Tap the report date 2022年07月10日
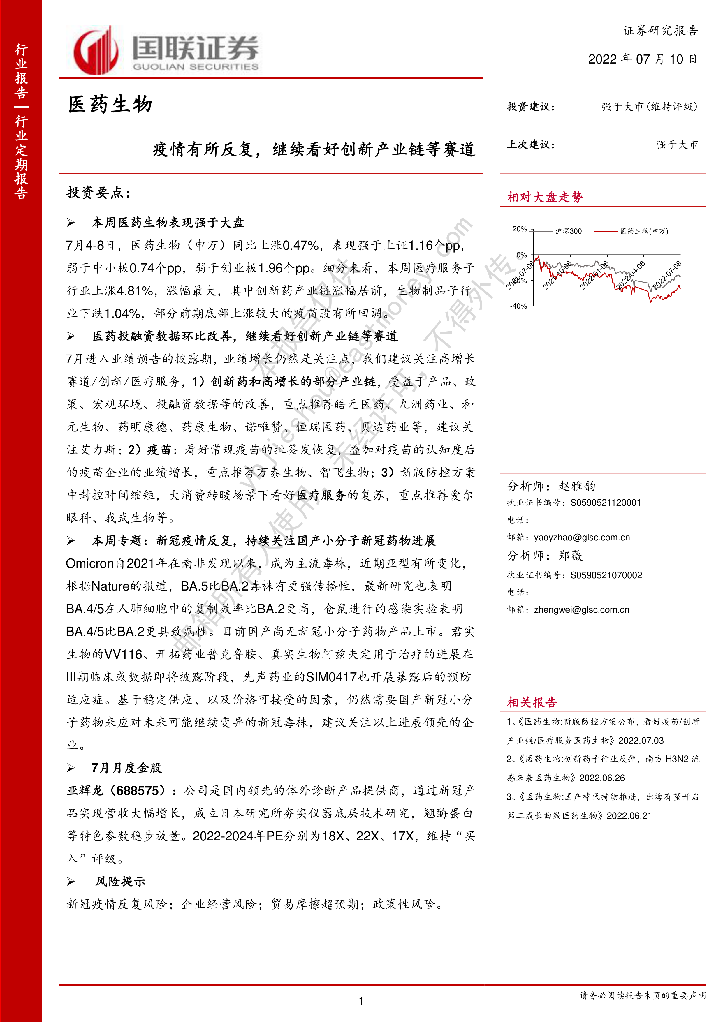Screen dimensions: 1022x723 tap(642, 59)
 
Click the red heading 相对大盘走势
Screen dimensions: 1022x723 tap(544, 197)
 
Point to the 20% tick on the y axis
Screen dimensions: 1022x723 tap(520, 229)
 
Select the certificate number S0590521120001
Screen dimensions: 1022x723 tap(606, 503)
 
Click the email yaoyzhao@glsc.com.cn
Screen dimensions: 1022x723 tap(582, 537)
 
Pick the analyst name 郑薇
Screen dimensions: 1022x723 tap(570, 556)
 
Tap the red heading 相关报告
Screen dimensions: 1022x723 tap(532, 702)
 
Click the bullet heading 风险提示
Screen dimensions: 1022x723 tap(120, 881)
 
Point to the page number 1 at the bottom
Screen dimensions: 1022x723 tap(361, 1001)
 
